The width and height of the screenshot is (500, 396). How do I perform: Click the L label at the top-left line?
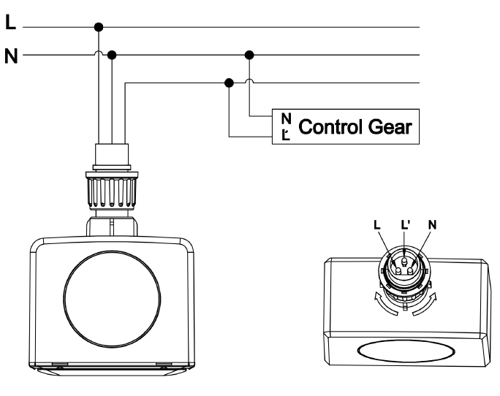[x=10, y=23]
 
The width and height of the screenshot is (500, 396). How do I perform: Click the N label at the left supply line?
[x=11, y=56]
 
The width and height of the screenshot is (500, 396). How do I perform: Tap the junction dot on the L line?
[x=99, y=27]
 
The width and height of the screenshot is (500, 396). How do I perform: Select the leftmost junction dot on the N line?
[x=112, y=55]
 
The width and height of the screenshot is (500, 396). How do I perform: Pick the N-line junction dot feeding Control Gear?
[x=249, y=55]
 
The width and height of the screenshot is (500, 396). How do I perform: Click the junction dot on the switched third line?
[x=229, y=83]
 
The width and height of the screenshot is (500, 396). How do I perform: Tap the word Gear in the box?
[x=390, y=126]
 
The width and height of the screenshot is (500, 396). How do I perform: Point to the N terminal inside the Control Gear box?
[x=287, y=118]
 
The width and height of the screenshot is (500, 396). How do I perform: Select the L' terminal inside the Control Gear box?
[x=286, y=135]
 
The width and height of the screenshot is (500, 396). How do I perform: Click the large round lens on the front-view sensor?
[x=112, y=298]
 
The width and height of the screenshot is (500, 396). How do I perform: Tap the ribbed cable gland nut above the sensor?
[x=112, y=191]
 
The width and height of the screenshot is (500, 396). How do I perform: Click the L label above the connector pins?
[x=377, y=225]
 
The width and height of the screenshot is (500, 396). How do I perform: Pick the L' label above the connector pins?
[x=405, y=225]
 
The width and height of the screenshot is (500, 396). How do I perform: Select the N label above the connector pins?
[x=433, y=225]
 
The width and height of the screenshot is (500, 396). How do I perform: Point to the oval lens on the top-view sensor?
[x=406, y=351]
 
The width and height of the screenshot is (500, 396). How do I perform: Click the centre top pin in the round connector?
[x=405, y=262]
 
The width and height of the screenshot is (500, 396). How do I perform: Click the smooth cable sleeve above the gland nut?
[x=112, y=155]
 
